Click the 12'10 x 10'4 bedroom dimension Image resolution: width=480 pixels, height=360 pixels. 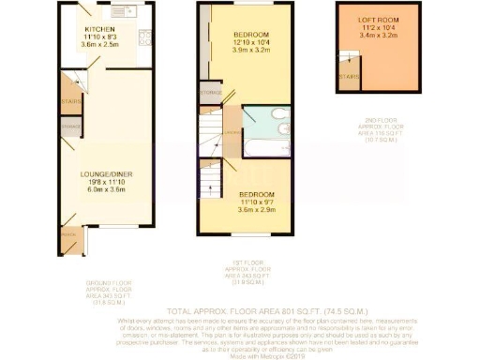250,43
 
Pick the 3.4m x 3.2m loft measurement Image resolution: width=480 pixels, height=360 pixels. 374,37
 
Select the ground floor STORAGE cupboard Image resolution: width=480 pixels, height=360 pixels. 69,126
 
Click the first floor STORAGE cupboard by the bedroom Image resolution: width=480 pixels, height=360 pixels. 210,93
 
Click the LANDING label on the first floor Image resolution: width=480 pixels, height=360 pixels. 230,131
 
